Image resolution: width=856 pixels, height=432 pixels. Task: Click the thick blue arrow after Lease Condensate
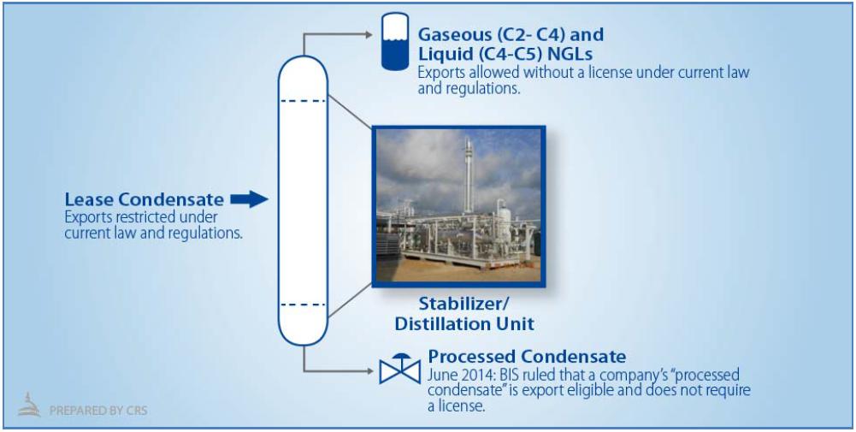[x=249, y=199]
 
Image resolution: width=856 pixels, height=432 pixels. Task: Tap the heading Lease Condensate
[x=145, y=199]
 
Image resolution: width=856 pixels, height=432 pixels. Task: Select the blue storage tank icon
[x=395, y=42]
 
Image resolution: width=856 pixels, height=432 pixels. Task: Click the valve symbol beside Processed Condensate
[x=399, y=368]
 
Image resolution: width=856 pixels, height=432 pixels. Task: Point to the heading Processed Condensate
[x=527, y=357]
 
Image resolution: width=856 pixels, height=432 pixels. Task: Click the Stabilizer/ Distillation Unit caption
[x=464, y=313]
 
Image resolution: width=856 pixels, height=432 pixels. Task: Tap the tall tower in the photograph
[x=469, y=175]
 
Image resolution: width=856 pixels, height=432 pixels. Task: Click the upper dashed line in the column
[x=303, y=100]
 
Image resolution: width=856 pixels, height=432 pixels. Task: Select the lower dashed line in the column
[x=303, y=305]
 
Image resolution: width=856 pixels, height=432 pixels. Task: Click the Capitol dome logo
[x=29, y=405]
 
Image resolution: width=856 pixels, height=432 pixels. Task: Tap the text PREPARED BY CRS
[x=98, y=410]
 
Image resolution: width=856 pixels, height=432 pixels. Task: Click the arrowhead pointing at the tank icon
[x=368, y=34]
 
